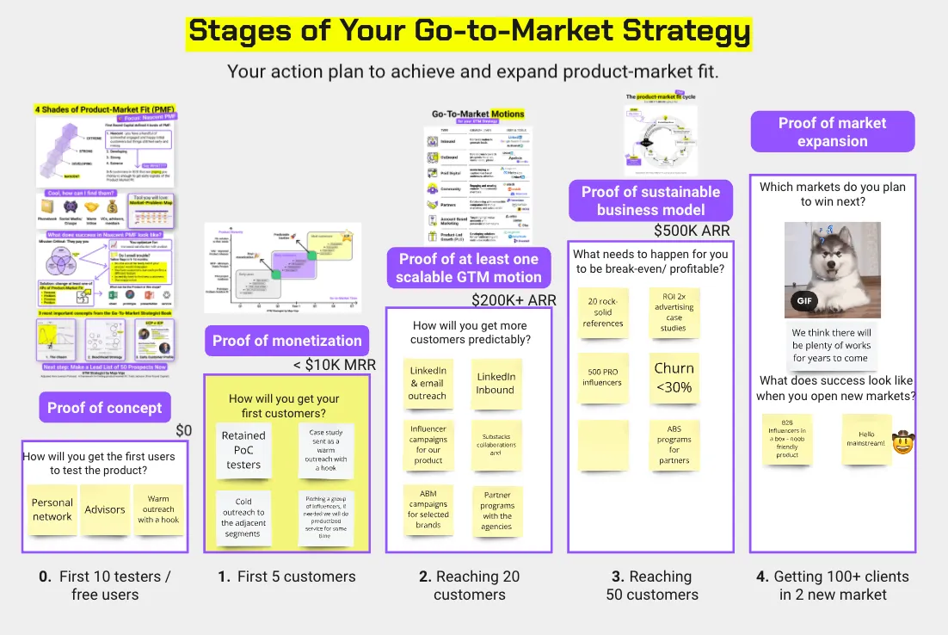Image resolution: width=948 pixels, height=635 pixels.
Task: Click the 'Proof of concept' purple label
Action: coord(104,407)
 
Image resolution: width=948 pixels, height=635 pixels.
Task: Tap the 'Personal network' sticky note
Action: coord(52,509)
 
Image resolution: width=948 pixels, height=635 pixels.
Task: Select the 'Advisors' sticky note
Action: coord(105,509)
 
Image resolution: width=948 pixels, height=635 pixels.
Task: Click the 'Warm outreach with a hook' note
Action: coord(158,509)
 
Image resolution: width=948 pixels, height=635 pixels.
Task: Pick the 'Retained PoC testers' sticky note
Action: coord(243,450)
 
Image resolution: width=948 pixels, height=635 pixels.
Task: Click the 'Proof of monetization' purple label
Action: coord(286,341)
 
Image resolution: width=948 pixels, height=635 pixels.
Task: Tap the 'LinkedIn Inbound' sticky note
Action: coord(496,383)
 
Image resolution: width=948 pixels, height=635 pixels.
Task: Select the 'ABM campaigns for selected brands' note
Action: coord(428,509)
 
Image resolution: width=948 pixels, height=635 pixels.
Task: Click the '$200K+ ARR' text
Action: coord(514,300)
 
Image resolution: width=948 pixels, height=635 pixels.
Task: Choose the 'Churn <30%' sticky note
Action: coord(674,377)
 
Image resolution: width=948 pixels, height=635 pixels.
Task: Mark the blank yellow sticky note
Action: coord(602,444)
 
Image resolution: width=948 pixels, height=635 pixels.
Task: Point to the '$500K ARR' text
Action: coord(692,231)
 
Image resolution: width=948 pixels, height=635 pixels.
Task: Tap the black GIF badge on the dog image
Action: coord(803,302)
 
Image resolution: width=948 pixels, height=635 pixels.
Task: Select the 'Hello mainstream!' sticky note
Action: coord(866,439)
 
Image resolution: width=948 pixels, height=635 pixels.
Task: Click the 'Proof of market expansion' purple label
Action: coord(832,133)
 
